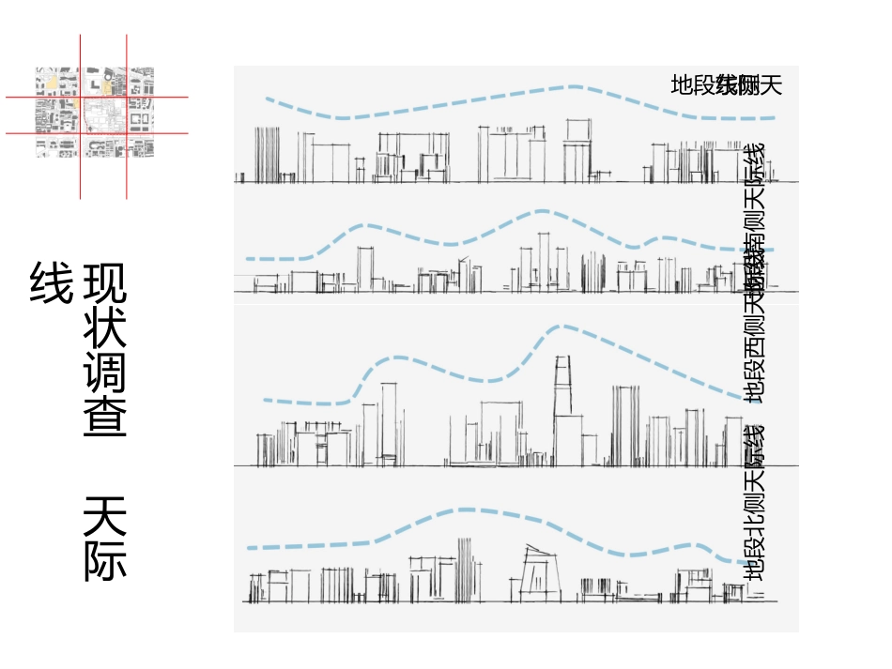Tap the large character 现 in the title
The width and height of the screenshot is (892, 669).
(x=105, y=283)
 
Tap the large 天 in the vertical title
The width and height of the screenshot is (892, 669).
(x=105, y=515)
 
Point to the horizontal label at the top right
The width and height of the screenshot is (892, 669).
(x=726, y=85)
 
